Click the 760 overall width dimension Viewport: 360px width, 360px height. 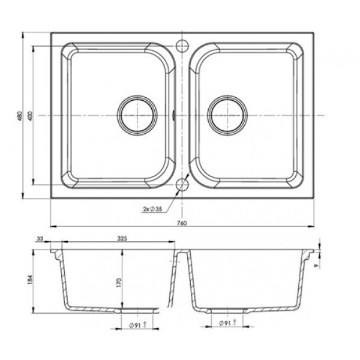[182, 223]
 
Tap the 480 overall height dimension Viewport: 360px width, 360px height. [20, 116]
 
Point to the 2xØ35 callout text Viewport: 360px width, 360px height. [152, 209]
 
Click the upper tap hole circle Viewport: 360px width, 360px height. [182, 46]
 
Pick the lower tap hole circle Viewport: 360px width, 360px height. [182, 184]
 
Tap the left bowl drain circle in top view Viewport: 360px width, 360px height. [137, 115]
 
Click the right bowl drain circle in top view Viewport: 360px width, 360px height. [227, 115]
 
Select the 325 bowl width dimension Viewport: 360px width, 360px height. [122, 238]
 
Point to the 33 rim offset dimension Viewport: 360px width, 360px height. [40, 239]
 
